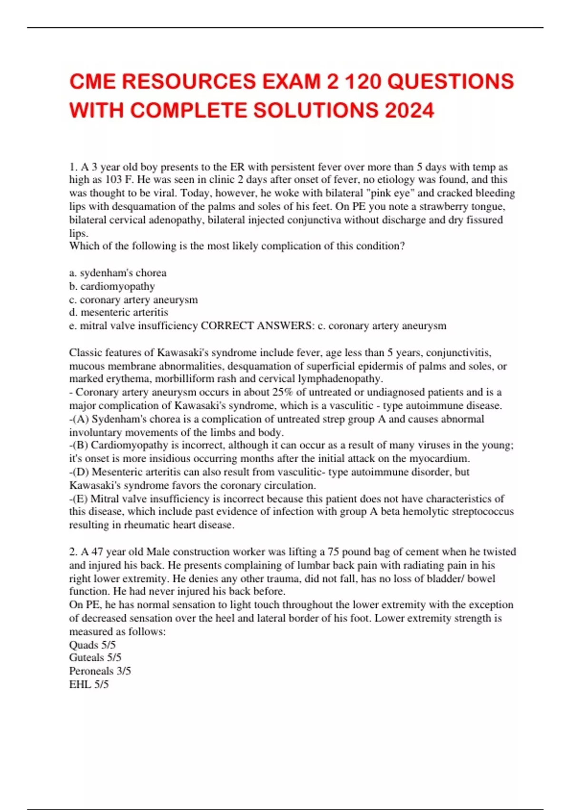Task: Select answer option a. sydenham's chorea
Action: pos(118,273)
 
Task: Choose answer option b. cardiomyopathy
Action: pos(112,286)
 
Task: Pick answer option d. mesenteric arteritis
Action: pos(118,313)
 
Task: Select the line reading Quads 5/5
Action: pos(92,645)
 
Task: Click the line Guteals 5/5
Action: pos(95,658)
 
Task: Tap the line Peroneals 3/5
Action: pos(100,671)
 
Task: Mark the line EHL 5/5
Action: pos(89,684)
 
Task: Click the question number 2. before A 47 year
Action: pos(73,552)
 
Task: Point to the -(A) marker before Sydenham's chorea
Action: pos(79,419)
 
